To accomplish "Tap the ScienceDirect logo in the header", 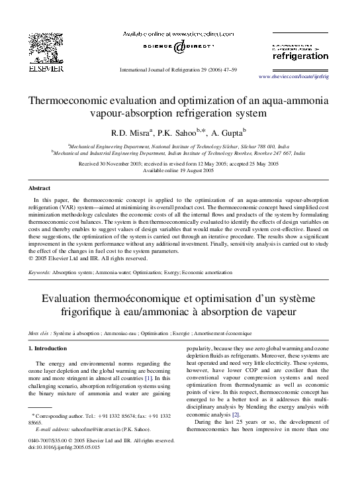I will click(180, 47).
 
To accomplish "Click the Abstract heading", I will click(40, 188).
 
